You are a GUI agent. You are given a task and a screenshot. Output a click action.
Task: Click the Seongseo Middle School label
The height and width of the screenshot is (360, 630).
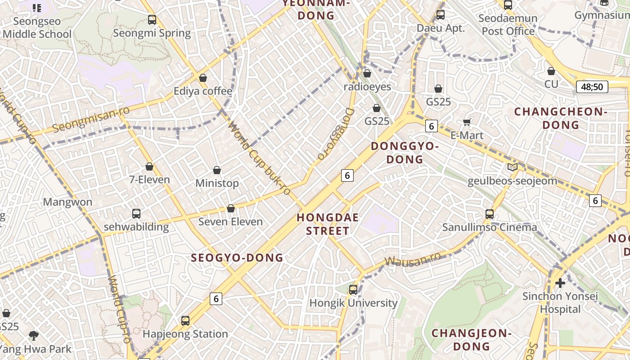coord(37,27)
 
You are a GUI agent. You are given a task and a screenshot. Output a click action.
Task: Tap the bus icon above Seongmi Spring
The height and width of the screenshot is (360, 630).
coord(152,20)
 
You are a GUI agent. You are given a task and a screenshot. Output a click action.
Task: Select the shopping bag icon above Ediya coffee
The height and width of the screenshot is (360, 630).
coord(203,78)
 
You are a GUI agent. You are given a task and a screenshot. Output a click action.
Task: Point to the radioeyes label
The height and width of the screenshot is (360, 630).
coord(367,86)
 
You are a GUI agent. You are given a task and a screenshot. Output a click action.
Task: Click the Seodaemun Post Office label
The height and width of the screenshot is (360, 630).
coord(508,25)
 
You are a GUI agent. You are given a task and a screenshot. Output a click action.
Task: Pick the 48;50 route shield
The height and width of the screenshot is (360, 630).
coord(592,87)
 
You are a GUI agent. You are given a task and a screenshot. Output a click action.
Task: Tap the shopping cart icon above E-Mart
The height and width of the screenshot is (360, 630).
coord(467,122)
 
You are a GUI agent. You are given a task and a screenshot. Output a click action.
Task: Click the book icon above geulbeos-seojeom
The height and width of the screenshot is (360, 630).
coord(512,167)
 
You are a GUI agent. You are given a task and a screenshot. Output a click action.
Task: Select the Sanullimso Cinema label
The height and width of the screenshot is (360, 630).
coord(490,227)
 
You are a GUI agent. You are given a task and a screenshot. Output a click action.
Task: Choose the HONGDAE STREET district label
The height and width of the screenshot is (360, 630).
coord(328,224)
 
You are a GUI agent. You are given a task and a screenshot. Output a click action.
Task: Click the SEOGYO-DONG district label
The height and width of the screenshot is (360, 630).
coord(237,258)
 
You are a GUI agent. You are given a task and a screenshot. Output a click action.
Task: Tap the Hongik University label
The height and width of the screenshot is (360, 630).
coord(353,303)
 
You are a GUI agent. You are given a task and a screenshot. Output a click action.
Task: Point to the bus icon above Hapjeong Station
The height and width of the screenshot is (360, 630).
coord(185,321)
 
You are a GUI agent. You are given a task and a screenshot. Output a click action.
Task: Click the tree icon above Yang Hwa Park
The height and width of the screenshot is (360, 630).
coord(33,335)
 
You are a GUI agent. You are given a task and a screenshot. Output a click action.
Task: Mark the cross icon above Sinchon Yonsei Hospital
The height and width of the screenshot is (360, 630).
coord(560,283)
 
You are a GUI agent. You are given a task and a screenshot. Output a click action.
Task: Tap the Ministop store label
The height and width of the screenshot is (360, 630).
coord(217,183)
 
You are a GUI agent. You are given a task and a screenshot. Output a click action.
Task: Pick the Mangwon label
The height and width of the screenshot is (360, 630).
coord(67,202)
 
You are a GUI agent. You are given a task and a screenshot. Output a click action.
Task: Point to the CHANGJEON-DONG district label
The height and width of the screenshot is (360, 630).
coord(472,340)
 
